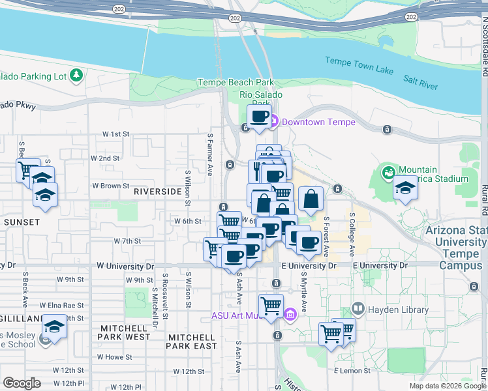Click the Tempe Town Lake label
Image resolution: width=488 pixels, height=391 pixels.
pos(358,63)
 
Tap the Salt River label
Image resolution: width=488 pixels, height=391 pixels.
pos(420,79)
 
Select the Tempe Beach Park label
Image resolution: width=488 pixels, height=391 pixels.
pos(236,83)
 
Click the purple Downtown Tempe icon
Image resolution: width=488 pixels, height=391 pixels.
pos(275,122)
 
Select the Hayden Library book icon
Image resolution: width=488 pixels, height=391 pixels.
pos(358,308)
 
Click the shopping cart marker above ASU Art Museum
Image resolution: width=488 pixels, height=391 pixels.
pos(270,305)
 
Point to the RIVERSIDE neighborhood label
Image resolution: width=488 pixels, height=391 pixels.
pos(157,192)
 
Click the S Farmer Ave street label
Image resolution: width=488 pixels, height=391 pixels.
pos(210,154)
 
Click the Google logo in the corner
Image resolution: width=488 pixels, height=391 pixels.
pos(22,383)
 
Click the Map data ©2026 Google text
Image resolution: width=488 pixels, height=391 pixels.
pos(447,386)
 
